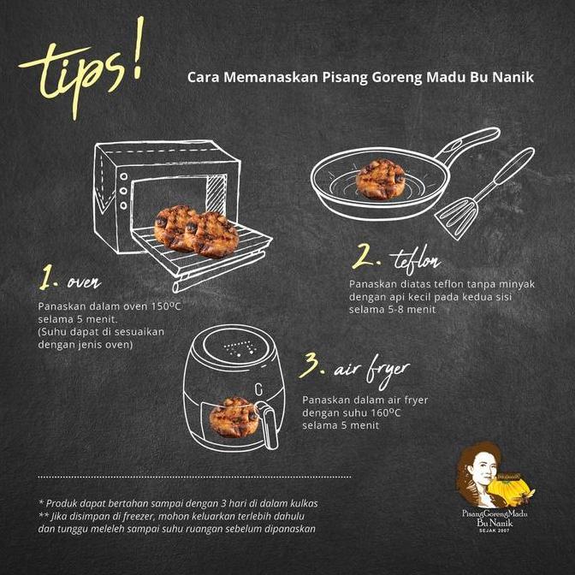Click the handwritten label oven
(x=84, y=282)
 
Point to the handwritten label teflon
(x=417, y=260)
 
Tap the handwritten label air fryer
(x=371, y=371)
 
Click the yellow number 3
(x=309, y=365)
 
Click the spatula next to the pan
(x=484, y=194)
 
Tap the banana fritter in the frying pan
(x=381, y=180)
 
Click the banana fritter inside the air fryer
(x=234, y=418)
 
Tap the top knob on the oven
(x=123, y=177)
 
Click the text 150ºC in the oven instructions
(x=167, y=306)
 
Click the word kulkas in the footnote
(x=304, y=503)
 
